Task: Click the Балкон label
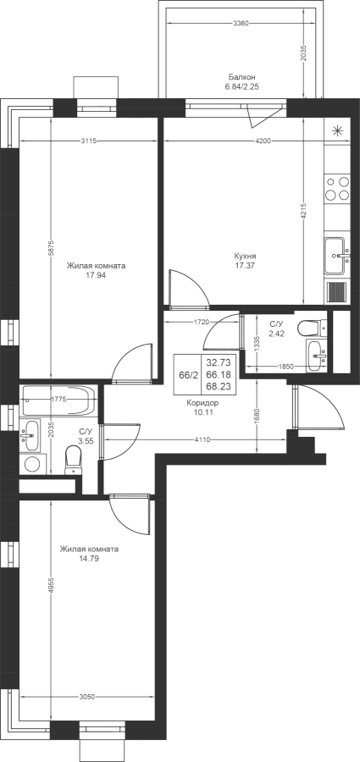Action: (242, 77)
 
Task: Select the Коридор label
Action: (202, 403)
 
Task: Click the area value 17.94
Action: (96, 275)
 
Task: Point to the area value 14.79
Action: (89, 559)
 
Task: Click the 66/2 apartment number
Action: (188, 375)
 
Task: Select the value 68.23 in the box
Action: (219, 387)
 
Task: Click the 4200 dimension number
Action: (263, 141)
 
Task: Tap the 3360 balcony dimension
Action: (241, 23)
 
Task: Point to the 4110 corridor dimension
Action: (202, 439)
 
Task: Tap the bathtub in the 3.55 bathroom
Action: (59, 400)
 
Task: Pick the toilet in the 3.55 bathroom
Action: (73, 461)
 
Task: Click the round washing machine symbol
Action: (32, 464)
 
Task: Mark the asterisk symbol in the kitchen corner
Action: (337, 130)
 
